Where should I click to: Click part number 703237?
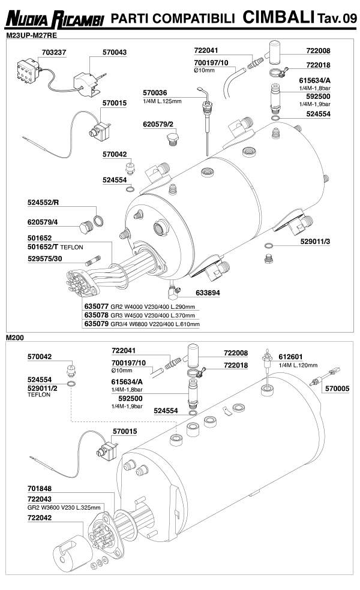(53, 53)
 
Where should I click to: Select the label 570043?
(114, 53)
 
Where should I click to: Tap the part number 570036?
(155, 93)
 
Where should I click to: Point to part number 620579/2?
(158, 124)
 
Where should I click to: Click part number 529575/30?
(46, 258)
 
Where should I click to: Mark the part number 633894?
(207, 293)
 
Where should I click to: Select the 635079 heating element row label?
(96, 324)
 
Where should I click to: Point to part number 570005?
(337, 389)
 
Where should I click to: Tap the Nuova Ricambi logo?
(55, 20)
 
